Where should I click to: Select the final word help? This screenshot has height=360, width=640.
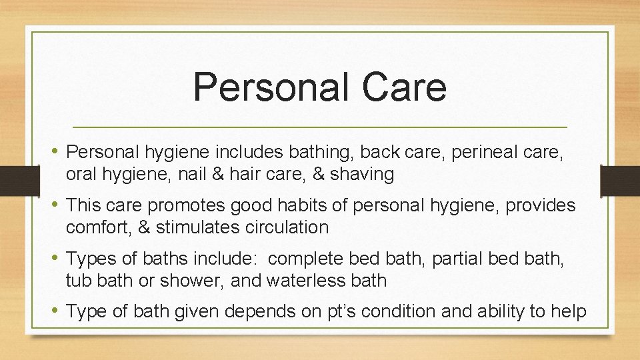pyautogui.click(x=567, y=311)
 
